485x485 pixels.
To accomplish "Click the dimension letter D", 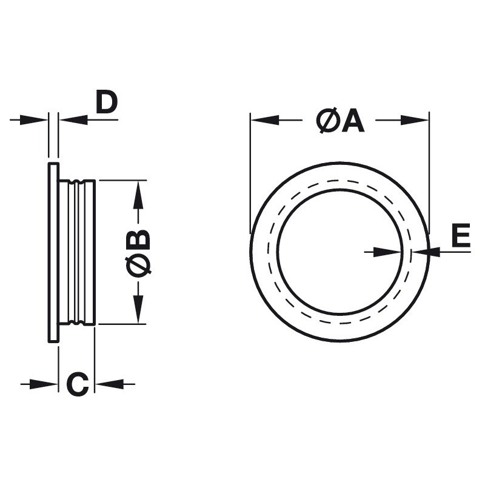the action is pos(107,102).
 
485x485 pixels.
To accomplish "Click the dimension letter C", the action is pos(78,384).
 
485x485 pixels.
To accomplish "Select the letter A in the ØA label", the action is pos(353,120).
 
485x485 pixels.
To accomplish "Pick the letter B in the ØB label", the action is pos(139,239).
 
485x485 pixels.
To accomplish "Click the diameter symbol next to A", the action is pos(328,120).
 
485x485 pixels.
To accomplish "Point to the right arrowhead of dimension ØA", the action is pos(415,119).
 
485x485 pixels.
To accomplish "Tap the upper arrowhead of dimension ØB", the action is pos(138,194).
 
